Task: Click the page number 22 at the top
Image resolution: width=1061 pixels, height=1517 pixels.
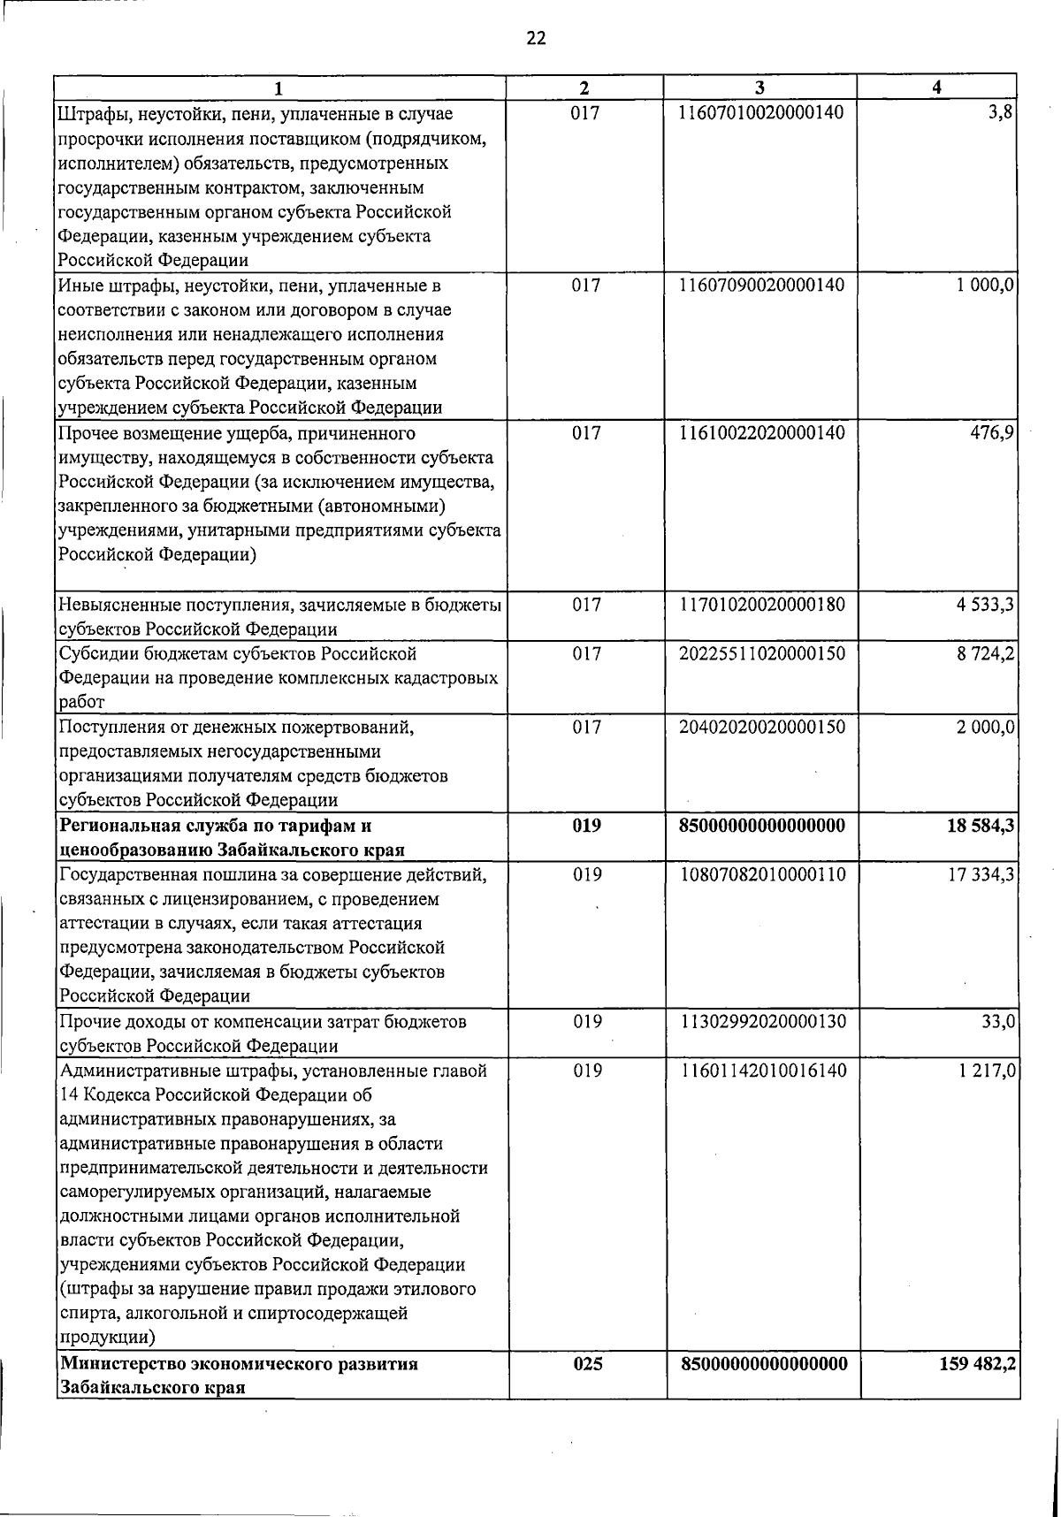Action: point(536,37)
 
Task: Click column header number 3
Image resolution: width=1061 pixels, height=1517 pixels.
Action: point(759,88)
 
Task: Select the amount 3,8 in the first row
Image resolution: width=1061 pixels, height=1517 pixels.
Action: point(1001,113)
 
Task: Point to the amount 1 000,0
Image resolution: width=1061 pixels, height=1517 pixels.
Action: point(982,286)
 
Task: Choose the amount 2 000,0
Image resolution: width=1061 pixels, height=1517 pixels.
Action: point(982,727)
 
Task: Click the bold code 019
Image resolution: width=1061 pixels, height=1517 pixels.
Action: point(586,826)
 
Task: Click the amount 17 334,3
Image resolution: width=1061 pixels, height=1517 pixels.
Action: point(979,874)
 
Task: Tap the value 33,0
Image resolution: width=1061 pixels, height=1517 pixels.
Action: point(997,1022)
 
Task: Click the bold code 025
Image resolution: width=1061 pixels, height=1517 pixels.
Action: point(588,1364)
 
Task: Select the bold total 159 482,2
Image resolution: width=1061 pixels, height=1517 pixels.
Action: point(976,1364)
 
